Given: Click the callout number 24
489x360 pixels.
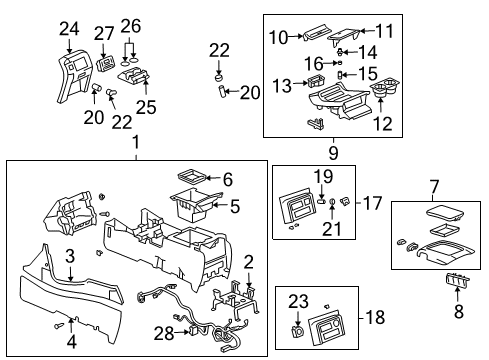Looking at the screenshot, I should [68, 29].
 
